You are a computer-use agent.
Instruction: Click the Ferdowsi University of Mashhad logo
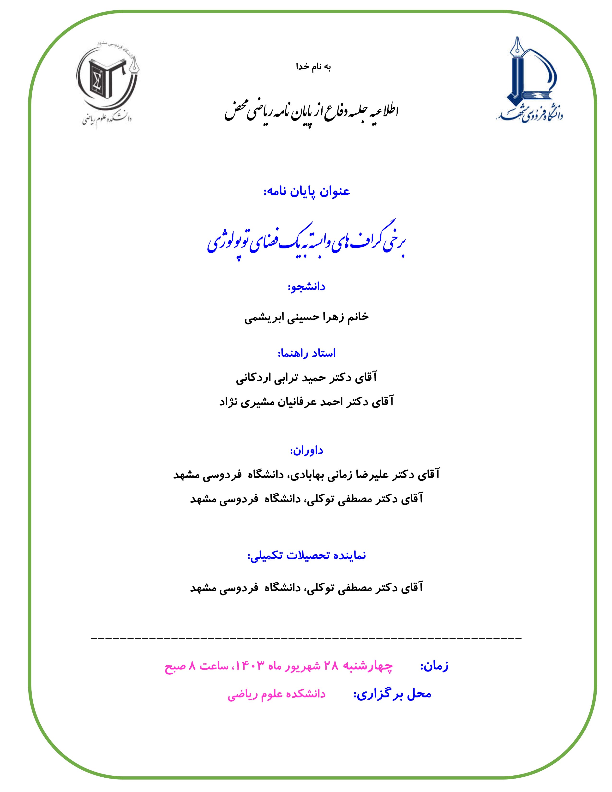[529, 80]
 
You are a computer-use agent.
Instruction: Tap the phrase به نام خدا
[314, 67]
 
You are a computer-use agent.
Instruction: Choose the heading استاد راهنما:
[306, 353]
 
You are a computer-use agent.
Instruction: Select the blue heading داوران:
[306, 450]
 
